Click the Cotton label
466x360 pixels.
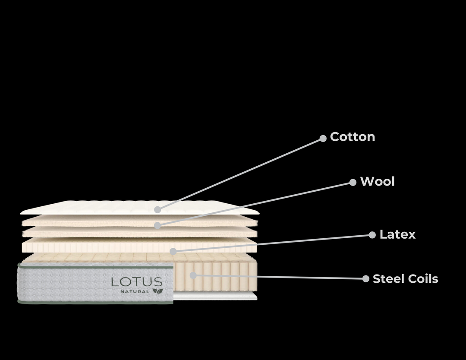tap(352, 137)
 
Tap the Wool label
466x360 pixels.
tap(377, 182)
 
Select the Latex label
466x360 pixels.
tap(397, 235)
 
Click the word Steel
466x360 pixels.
tap(387, 279)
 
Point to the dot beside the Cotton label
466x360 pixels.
tap(323, 139)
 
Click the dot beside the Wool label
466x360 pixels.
tap(353, 182)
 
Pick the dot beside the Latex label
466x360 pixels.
tap(372, 235)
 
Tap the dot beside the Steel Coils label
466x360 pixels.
tap(365, 279)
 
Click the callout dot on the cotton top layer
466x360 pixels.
tap(157, 209)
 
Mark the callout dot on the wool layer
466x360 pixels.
tap(157, 225)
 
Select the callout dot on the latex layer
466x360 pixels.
tap(173, 251)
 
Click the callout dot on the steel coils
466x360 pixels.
tap(193, 275)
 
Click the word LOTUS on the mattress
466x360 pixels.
tap(137, 282)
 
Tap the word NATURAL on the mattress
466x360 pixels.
tap(135, 291)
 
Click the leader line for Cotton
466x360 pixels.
tap(240, 174)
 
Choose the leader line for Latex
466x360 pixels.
tap(272, 243)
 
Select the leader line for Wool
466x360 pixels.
tap(255, 204)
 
